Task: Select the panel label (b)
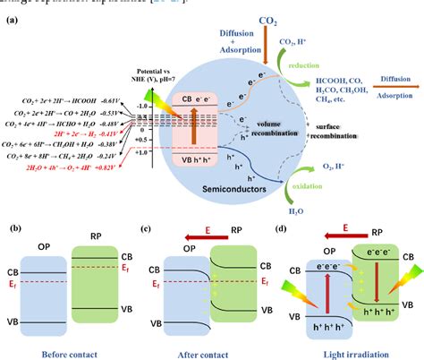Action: [14, 231]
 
